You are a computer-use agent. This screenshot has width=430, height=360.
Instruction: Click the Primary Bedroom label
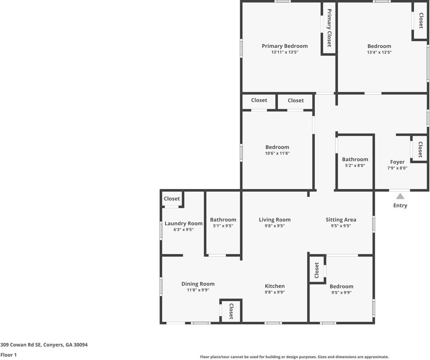click(284, 46)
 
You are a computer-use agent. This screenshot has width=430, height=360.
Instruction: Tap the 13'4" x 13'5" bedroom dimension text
click(379, 52)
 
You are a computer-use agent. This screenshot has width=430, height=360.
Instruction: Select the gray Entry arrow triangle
click(400, 196)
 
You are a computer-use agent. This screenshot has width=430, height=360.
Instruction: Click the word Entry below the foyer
click(400, 205)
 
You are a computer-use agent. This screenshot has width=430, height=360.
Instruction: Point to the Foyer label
click(397, 162)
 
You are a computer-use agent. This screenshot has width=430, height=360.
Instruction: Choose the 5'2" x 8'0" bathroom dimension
click(355, 165)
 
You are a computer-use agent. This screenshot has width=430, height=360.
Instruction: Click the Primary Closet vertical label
click(329, 28)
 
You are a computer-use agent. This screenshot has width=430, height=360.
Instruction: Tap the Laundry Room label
click(183, 223)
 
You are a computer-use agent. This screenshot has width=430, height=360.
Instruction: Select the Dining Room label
click(198, 284)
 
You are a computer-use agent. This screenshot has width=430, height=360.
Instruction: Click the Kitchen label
click(275, 286)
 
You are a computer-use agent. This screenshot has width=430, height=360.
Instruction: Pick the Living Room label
click(275, 220)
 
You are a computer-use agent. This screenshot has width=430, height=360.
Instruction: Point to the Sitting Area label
click(341, 220)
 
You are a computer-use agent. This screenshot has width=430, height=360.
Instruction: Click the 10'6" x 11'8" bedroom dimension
click(277, 153)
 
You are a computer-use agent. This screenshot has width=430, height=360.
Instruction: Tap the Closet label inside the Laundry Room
click(172, 199)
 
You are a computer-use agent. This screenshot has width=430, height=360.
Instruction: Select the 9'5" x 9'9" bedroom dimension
click(341, 292)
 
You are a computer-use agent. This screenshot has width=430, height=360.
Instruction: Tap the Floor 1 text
click(9, 355)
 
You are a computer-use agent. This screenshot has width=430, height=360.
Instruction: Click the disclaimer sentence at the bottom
click(294, 357)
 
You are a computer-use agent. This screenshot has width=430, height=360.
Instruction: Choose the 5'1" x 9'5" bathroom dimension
click(223, 226)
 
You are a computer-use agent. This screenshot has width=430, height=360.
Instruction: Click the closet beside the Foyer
click(420, 149)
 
